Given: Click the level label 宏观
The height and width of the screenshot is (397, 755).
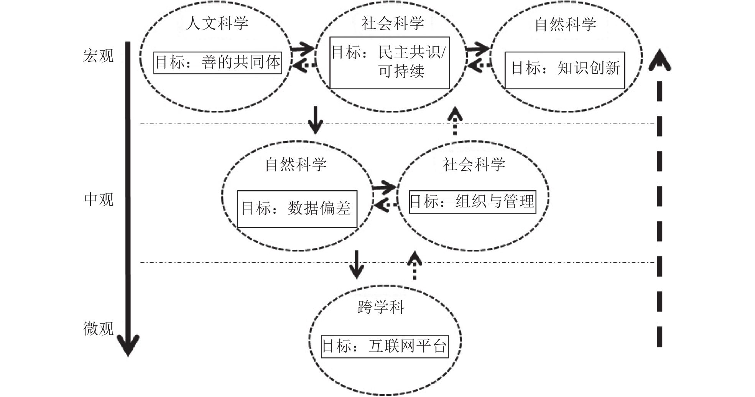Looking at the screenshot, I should coord(99,56).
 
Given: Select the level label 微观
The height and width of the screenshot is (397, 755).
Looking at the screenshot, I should coord(99,329).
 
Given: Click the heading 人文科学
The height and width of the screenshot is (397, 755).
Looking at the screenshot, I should coord(217,23).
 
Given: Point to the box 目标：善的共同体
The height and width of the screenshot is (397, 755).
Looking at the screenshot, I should coord(218,63).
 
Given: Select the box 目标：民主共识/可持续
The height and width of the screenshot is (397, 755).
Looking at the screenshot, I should coord(389,63).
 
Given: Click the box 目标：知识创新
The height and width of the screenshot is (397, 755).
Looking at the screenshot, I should coord(564,69).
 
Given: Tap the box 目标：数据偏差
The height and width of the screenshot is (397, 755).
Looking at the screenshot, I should coord(297,209).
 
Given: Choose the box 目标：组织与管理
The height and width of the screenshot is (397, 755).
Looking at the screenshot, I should coord(472,201).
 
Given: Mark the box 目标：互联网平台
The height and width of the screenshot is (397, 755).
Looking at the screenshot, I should coord(385,346).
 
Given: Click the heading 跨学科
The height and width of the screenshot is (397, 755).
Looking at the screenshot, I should coord(381,307).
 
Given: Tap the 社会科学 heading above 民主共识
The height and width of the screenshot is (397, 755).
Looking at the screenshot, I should coord(393,24).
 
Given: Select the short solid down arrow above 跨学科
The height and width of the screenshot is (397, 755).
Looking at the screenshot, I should coord(357,265).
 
